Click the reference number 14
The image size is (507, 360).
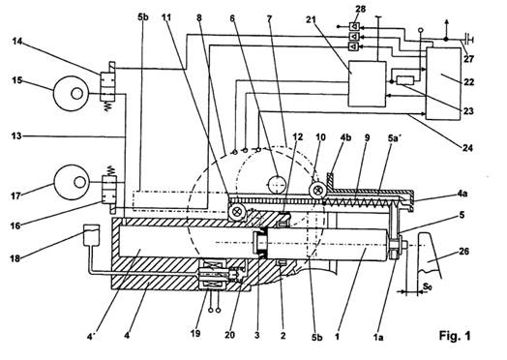tap(17, 42)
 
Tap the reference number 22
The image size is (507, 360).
tap(469, 82)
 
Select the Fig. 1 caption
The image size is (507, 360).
tap(455, 336)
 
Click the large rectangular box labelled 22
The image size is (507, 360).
tap(443, 84)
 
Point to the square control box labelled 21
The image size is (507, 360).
tap(367, 84)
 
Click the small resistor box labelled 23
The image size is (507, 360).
tap(405, 80)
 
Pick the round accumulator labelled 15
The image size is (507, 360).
tap(72, 94)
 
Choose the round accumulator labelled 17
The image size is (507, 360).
tap(72, 183)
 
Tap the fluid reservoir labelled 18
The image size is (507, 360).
tap(91, 235)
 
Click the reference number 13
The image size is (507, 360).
tap(16, 135)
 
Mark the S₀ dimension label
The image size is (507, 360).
tap(427, 285)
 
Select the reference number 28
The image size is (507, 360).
tap(360, 9)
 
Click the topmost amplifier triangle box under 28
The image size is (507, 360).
tap(354, 26)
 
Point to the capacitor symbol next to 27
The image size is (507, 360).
tap(468, 40)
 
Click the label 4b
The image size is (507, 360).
tap(345, 137)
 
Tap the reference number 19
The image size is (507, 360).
tap(195, 334)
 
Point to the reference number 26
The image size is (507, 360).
tap(463, 251)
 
